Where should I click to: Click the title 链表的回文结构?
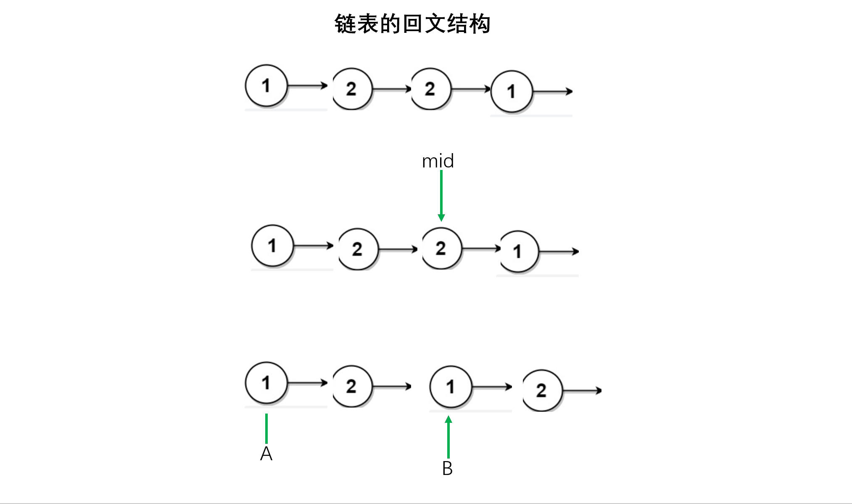coord(412,24)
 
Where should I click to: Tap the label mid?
coord(438,161)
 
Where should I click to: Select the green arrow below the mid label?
coord(441,196)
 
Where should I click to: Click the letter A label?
coord(266,454)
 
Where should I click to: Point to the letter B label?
coord(448,469)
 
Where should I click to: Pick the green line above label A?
coord(266,429)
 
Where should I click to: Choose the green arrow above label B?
coord(448,437)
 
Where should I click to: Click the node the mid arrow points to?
coord(442,248)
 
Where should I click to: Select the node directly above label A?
coord(266,383)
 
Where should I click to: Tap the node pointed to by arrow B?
coord(451,387)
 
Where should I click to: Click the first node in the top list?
coord(266,85)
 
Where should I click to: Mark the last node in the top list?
coord(512,91)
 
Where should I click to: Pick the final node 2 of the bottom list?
coord(543,390)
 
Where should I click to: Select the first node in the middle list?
coord(272,246)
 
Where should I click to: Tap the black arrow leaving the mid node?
coord(481,249)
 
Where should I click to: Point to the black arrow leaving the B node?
coord(492,387)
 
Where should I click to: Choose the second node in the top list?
coord(352,89)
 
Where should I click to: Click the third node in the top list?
coord(431,89)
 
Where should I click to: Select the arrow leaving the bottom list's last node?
coord(582,391)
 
